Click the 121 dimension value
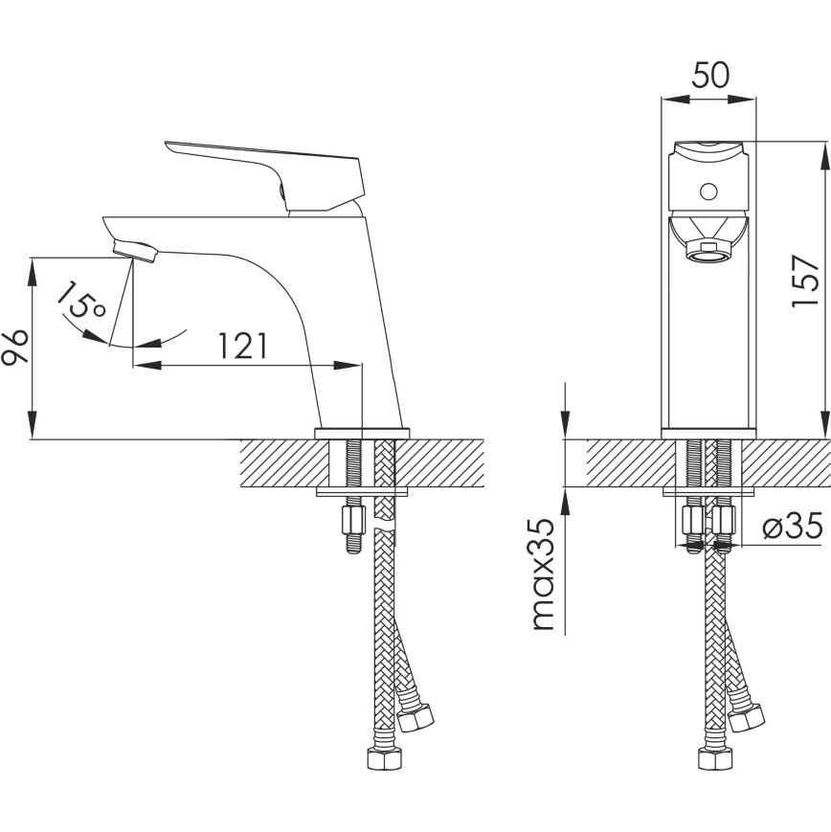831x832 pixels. click(x=242, y=347)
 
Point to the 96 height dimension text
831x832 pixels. click(x=15, y=348)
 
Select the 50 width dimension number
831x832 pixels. click(x=710, y=75)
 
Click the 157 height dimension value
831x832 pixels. click(x=804, y=281)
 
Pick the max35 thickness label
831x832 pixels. click(x=542, y=574)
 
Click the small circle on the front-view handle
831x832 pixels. click(x=707, y=191)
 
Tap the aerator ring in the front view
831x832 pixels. click(x=707, y=252)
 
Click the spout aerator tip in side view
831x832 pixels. click(x=134, y=251)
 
